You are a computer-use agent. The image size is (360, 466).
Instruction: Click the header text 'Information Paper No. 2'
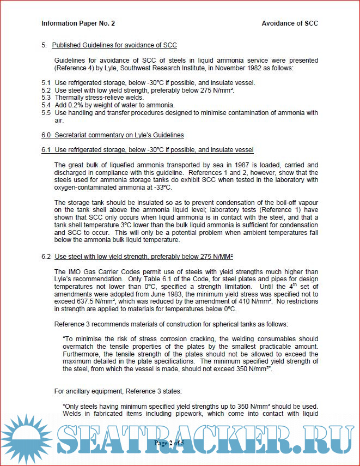click(x=78, y=23)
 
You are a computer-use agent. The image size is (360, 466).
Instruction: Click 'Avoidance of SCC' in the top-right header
click(x=290, y=23)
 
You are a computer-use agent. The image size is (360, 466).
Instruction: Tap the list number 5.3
click(x=46, y=97)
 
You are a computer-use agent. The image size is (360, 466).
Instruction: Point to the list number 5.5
click(x=46, y=112)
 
